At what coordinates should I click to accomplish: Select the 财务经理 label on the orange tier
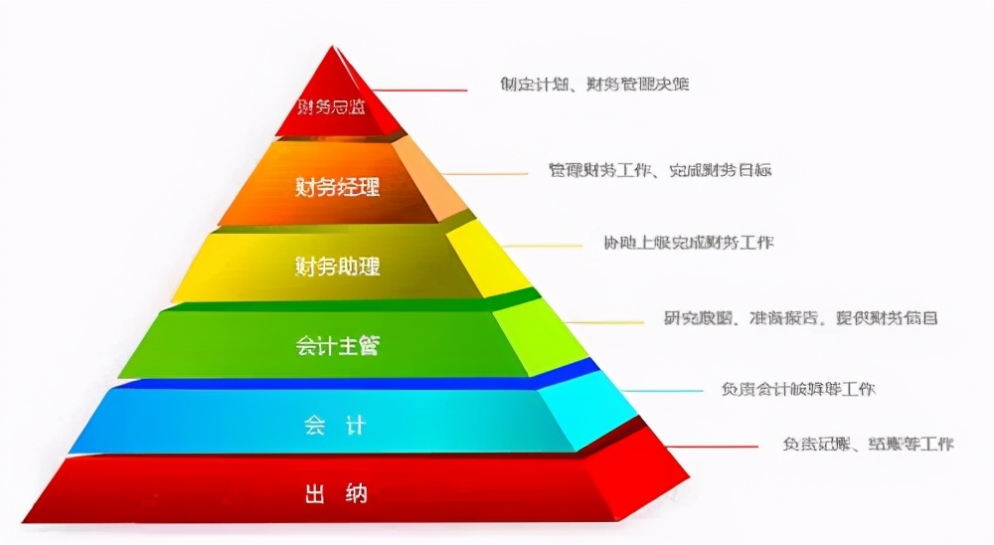(x=338, y=186)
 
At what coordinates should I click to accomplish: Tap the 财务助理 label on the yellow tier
(x=338, y=267)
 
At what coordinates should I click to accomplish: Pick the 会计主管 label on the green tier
(x=338, y=347)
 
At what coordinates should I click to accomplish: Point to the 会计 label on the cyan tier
(x=335, y=426)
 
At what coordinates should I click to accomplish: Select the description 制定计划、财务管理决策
(x=594, y=85)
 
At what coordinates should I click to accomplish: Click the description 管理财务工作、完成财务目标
(x=660, y=170)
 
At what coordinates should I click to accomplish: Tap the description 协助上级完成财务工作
(x=688, y=243)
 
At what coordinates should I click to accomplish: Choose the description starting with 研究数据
(x=800, y=318)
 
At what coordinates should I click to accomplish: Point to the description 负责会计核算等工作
(x=798, y=389)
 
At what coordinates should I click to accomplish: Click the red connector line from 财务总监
(x=422, y=91)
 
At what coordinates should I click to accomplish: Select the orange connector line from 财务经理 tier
(x=487, y=174)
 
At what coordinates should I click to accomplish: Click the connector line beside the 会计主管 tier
(x=606, y=322)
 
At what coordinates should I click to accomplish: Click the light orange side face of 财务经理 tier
(x=429, y=179)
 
